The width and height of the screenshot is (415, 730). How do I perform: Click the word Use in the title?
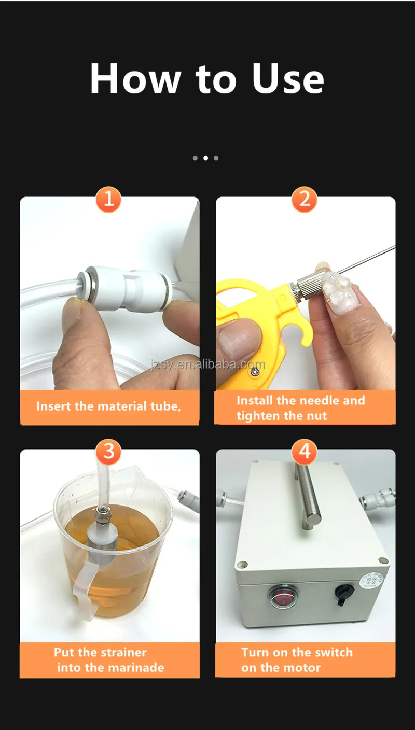pyautogui.click(x=288, y=79)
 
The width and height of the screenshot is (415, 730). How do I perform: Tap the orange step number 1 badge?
pyautogui.click(x=108, y=199)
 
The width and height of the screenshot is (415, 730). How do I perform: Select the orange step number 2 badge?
pyautogui.click(x=305, y=199)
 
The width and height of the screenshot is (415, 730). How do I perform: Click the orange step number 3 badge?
pyautogui.click(x=108, y=451)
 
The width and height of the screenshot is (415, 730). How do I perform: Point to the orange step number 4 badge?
pyautogui.click(x=305, y=451)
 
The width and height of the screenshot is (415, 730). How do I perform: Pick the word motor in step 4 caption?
pyautogui.click(x=301, y=667)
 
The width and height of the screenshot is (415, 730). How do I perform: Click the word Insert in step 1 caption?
pyautogui.click(x=54, y=406)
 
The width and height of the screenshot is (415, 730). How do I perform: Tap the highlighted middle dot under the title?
pyautogui.click(x=205, y=158)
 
